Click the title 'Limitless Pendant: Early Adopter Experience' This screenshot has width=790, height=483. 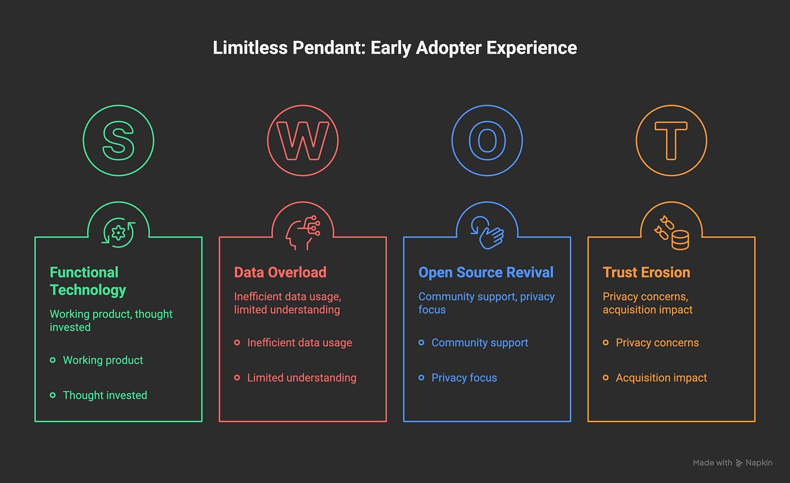coord(394,48)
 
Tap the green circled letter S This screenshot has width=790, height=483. coord(118,141)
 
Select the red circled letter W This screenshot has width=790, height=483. coord(303,141)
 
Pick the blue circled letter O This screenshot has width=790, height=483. coord(487,141)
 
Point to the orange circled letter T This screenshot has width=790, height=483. coord(671,141)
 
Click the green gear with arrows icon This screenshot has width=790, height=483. coord(118,233)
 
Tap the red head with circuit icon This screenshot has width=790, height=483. coord(303,233)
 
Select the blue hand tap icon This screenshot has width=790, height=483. coord(487,233)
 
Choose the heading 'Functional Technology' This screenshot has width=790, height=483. coord(88,281)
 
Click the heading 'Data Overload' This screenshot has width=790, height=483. coord(280,272)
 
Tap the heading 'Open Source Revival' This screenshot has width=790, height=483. coord(486,272)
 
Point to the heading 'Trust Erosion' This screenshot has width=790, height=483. coord(646,272)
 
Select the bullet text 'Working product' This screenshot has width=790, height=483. coord(103,360)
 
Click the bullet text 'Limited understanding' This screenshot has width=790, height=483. coord(302,378)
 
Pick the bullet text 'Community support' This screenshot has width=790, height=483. coord(480,343)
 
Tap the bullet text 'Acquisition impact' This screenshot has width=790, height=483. coord(661,378)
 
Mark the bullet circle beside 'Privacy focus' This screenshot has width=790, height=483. coord(422,377)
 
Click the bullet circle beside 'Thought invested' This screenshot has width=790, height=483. coord(53,395)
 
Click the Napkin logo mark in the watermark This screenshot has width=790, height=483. coord(739,463)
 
